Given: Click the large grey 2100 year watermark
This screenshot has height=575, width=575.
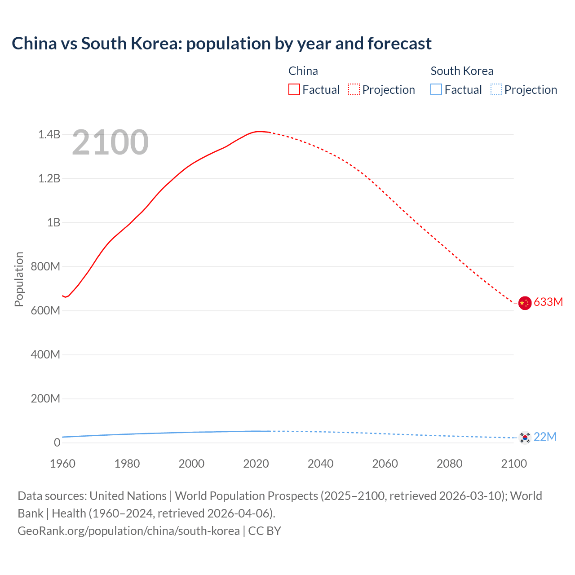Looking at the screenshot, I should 110,142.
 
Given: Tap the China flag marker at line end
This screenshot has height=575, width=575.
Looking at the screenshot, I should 525,303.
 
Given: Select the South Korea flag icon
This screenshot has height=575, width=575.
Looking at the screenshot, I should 525,438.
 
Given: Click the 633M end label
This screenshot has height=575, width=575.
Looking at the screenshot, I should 548,302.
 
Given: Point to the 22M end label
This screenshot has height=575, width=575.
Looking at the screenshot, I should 545,437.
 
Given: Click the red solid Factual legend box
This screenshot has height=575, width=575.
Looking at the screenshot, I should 294,90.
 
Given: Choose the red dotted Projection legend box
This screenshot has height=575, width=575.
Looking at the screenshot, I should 354,90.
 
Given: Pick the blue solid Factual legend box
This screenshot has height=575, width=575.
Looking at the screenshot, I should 436,90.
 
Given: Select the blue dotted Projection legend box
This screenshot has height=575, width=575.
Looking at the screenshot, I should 496,90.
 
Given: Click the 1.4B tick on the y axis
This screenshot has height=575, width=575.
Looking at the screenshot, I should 49,134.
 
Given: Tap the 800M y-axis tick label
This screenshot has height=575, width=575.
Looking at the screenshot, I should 45,266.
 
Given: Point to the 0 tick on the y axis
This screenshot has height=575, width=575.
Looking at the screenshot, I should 57,442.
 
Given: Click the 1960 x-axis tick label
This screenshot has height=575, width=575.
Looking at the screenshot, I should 62,464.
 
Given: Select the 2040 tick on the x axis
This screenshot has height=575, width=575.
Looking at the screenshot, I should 320,464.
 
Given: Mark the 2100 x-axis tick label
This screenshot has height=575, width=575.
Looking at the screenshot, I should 514,464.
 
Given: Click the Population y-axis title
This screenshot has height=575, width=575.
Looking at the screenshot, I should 19,279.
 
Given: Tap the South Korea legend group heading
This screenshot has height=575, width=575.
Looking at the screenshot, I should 462,71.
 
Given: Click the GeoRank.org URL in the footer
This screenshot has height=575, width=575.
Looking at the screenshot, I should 128,531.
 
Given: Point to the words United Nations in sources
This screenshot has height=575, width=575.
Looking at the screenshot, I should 128,496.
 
